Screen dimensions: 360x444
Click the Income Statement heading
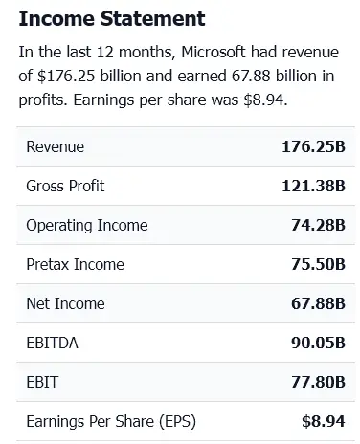pyautogui.click(x=112, y=18)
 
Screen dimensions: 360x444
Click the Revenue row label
pyautogui.click(x=56, y=146)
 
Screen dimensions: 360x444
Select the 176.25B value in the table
pyautogui.click(x=313, y=146)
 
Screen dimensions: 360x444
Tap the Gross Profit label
pyautogui.click(x=65, y=186)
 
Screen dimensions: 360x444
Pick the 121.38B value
pyautogui.click(x=313, y=186)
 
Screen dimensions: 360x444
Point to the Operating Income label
pyautogui.click(x=87, y=225)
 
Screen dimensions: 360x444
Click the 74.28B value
pyautogui.click(x=318, y=225)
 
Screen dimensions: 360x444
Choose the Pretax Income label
pyautogui.click(x=76, y=264)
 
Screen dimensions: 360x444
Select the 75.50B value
pyautogui.click(x=318, y=264)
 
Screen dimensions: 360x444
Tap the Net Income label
pyautogui.click(x=66, y=303)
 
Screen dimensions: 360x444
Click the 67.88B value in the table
pyautogui.click(x=318, y=303)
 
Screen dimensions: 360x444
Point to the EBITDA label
pyautogui.click(x=53, y=343)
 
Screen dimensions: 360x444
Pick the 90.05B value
pyautogui.click(x=318, y=343)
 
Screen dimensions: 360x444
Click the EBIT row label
pyautogui.click(x=42, y=382)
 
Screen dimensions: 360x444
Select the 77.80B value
pyautogui.click(x=318, y=382)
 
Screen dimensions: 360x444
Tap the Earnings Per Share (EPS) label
pyautogui.click(x=111, y=422)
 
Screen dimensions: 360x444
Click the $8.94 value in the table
pyautogui.click(x=324, y=421)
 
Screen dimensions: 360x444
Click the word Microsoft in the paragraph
pyautogui.click(x=214, y=52)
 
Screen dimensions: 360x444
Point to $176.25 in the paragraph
pyautogui.click(x=66, y=76)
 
